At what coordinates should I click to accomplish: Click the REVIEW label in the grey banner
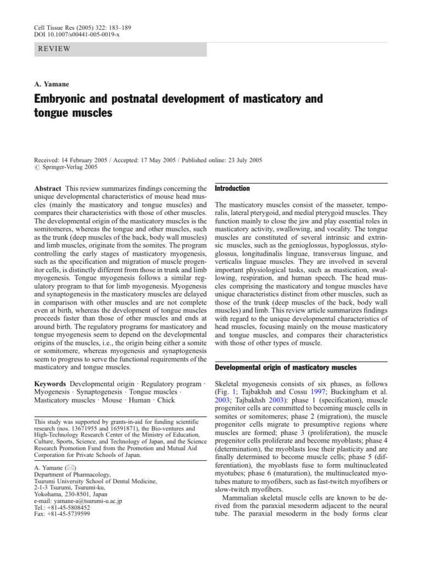click(54, 49)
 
